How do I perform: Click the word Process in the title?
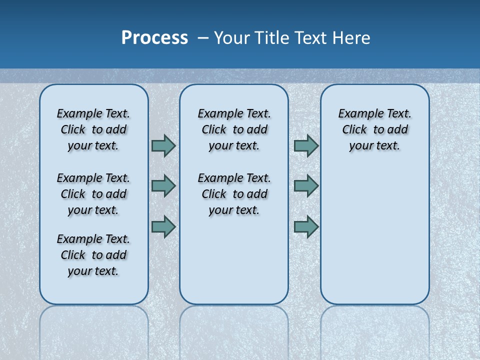154,38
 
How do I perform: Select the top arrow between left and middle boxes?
163,146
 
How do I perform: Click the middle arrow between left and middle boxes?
163,186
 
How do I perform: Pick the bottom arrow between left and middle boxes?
163,226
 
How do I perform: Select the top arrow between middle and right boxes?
306,146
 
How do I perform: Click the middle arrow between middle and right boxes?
306,186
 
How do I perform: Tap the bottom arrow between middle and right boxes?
306,226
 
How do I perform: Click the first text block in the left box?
93,129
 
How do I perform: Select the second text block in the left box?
93,194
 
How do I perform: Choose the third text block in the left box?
93,255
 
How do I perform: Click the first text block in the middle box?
234,129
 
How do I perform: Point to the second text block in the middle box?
234,194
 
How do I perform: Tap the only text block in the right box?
374,129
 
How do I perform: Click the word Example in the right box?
356,114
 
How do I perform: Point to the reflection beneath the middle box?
234,330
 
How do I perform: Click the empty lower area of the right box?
374,235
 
